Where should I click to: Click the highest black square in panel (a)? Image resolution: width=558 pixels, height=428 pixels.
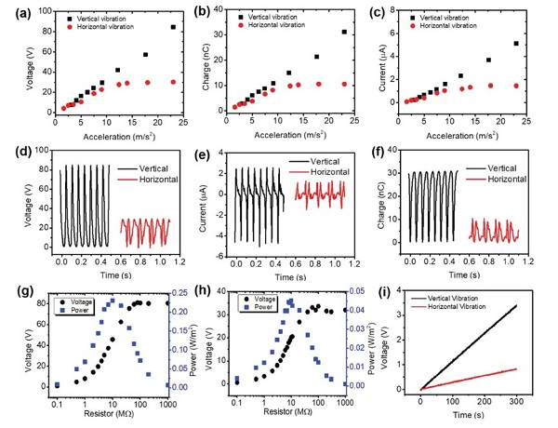(172, 27)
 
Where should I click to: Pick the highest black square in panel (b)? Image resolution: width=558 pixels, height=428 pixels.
(344, 32)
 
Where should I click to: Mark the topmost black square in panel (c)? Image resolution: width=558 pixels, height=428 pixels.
(516, 43)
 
